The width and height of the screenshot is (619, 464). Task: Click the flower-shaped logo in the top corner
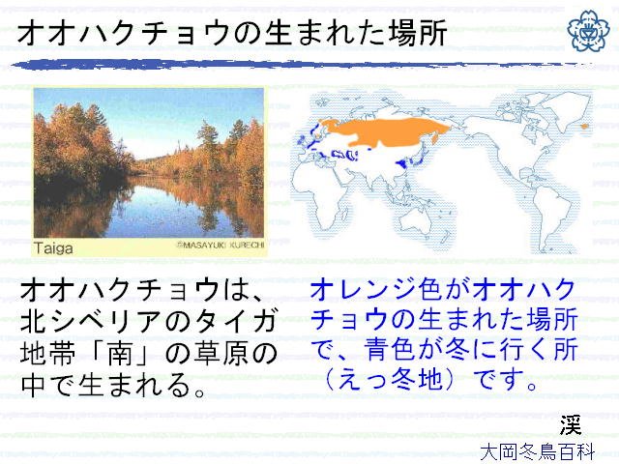click(588, 31)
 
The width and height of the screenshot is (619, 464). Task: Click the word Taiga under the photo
click(53, 248)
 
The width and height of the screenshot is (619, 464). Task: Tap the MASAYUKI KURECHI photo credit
click(220, 245)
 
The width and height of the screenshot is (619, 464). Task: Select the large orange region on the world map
click(385, 132)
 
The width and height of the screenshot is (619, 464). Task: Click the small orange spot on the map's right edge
click(584, 127)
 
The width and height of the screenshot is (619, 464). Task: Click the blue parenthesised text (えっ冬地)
click(390, 380)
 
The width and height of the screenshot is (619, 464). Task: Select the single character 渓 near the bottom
click(571, 425)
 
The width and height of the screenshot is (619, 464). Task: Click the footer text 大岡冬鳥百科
click(538, 452)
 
